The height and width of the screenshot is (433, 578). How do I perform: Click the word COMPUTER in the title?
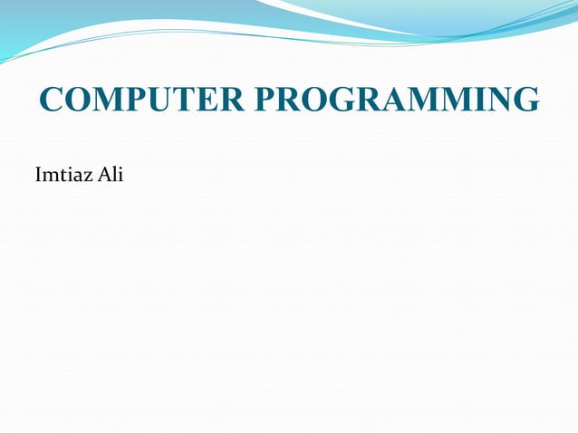click(140, 100)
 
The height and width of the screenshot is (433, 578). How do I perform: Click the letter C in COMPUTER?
click(53, 100)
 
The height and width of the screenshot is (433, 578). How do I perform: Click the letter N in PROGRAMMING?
click(498, 100)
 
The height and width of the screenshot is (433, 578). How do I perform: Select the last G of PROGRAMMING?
click(526, 100)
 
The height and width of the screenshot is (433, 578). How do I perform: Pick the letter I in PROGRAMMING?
click(477, 100)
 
